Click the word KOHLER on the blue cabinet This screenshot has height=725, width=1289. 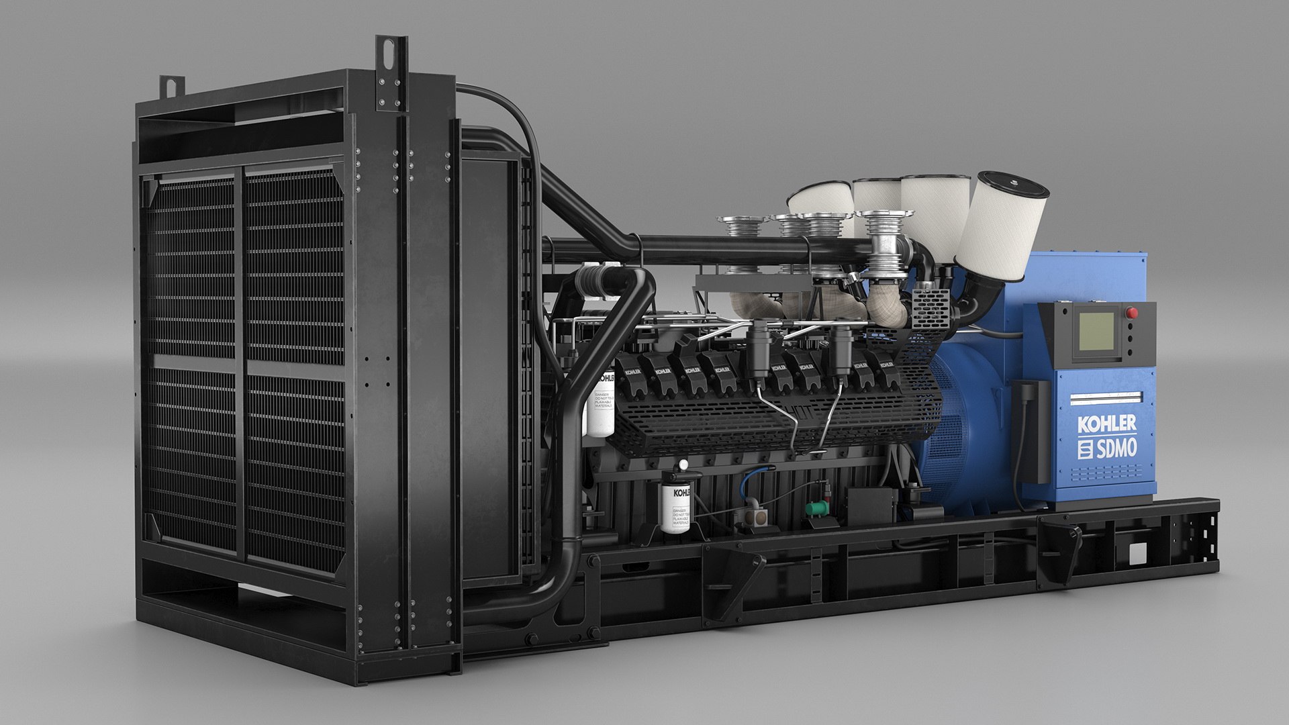[x=1106, y=424]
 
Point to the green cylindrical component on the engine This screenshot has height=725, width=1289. [x=816, y=509]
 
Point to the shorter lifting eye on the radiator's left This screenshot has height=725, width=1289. [x=171, y=87]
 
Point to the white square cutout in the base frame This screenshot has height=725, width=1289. [x=1137, y=553]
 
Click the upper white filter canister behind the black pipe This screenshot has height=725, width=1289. [x=602, y=402]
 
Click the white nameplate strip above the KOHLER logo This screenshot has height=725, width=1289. [x=1105, y=398]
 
